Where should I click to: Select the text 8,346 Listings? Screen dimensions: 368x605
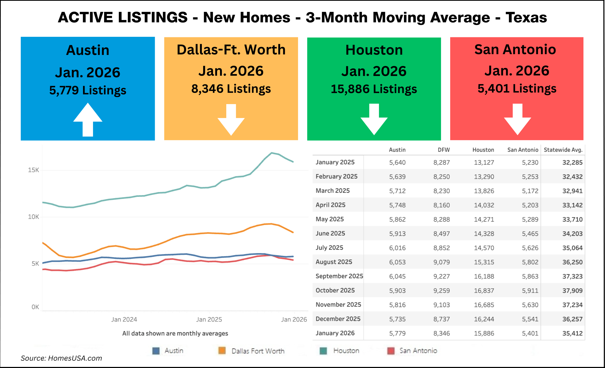(231, 89)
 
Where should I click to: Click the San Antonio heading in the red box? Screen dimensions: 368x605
(515, 49)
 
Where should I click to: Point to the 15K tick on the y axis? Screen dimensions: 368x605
(33, 170)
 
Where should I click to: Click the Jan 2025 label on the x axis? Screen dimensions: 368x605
(209, 319)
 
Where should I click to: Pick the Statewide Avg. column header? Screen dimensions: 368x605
(563, 150)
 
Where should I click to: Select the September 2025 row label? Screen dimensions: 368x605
(339, 276)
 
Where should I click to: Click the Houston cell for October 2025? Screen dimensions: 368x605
(484, 290)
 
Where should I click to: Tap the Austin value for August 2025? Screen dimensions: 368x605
(397, 262)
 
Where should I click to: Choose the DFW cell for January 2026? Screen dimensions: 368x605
(442, 333)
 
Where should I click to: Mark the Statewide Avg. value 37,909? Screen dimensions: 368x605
(572, 290)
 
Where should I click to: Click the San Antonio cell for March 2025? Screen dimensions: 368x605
(530, 191)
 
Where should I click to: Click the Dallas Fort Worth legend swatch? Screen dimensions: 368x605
(222, 351)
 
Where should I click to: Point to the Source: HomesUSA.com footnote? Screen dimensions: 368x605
(61, 358)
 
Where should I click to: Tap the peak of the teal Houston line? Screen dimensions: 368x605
(272, 153)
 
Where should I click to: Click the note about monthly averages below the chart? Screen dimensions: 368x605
(175, 333)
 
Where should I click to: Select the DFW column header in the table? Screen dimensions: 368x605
(443, 150)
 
